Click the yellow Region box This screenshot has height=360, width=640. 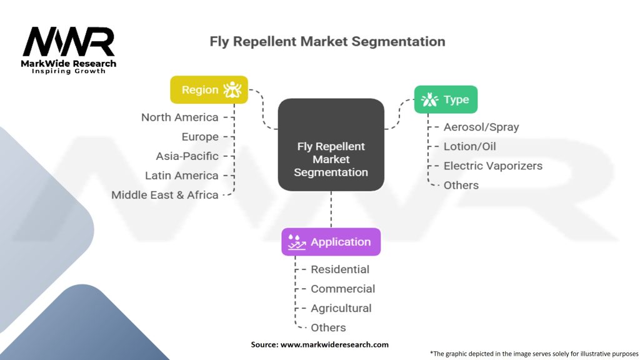click(209, 90)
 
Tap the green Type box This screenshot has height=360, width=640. click(446, 99)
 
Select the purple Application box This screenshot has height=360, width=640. click(331, 242)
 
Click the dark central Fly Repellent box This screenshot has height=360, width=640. click(331, 144)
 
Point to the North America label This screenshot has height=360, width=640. click(179, 117)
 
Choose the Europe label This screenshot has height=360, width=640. click(200, 137)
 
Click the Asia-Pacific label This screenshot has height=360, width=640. click(187, 156)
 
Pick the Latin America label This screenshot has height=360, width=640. click(182, 176)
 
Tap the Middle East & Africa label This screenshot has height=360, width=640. click(165, 195)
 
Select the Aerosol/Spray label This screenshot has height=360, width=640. click(481, 127)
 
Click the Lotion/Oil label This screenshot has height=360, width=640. click(470, 146)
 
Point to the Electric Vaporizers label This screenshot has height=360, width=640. click(493, 166)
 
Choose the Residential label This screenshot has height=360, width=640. click(340, 269)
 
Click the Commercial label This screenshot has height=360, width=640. click(343, 289)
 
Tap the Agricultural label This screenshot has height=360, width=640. click(341, 308)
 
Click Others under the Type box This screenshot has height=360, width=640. click(461, 185)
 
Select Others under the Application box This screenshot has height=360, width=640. click(328, 327)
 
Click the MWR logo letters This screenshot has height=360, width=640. click(69, 41)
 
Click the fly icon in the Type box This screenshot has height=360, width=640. click(429, 99)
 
